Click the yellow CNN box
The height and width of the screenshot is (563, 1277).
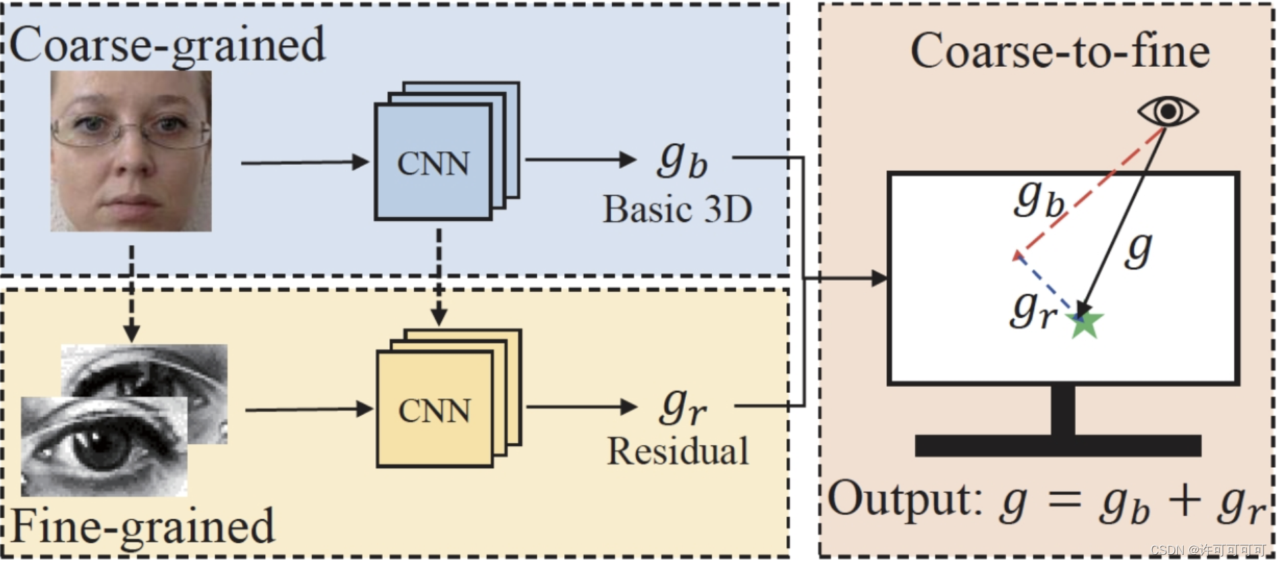435,410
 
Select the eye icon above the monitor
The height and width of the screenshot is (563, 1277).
1168,111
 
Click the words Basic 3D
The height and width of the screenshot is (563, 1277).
677,209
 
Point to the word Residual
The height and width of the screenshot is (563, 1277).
678,451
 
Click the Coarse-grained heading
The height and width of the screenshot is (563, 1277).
167,45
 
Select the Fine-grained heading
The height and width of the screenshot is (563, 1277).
143,527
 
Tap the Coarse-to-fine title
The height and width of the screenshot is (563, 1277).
1060,51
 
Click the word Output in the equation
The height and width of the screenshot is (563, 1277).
904,500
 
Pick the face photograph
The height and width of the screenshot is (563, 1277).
131,151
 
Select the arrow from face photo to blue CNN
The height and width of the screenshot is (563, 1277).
304,163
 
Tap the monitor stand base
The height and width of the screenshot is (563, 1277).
1058,446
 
